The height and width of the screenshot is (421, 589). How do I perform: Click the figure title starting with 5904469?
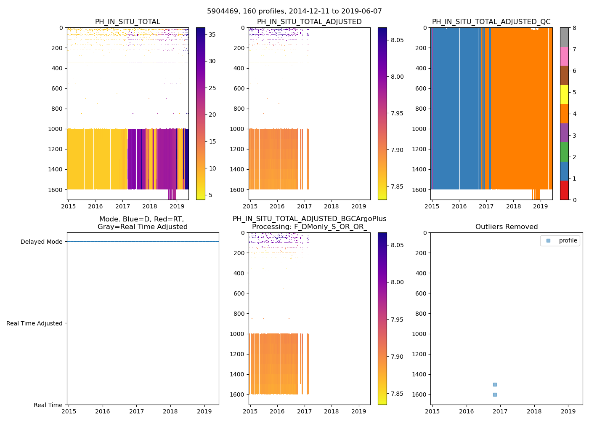tap(294, 11)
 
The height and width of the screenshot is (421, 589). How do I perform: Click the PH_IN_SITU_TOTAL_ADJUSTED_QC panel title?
tap(491, 22)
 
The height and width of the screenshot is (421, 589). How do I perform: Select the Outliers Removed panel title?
tap(506, 227)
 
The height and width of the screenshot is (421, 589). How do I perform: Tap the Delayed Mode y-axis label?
tap(41, 242)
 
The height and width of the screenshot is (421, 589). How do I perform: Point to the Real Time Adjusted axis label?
tap(34, 323)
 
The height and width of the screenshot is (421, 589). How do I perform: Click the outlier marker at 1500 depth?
tap(495, 384)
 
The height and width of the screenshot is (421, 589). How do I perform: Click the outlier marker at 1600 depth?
tap(495, 394)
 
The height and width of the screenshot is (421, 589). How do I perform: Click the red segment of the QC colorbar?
tap(564, 190)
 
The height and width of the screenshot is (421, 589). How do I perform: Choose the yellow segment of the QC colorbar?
tap(564, 94)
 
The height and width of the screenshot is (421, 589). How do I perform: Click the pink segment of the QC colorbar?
tap(564, 56)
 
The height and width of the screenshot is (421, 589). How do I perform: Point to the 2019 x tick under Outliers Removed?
tap(568, 411)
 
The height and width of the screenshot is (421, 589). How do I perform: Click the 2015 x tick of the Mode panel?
tap(69, 411)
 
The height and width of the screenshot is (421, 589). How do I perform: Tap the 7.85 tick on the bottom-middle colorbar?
tap(397, 394)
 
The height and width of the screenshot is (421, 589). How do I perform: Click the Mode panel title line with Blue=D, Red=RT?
tap(142, 219)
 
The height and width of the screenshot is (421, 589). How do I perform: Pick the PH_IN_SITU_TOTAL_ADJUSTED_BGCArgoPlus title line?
tap(309, 219)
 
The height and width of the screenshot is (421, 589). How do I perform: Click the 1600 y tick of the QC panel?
tap(421, 189)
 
